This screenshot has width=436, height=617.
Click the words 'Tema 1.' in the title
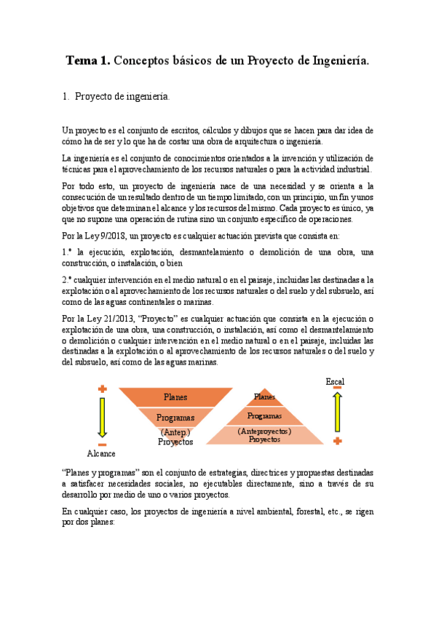[x=89, y=61]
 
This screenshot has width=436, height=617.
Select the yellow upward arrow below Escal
[x=337, y=413]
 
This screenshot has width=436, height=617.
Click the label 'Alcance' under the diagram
[x=101, y=453]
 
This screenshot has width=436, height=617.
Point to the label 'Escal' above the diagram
[x=335, y=381]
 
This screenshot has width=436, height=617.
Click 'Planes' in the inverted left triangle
[x=175, y=397]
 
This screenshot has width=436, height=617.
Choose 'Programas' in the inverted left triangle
[x=175, y=418]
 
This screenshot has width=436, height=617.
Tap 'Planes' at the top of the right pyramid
[x=264, y=397]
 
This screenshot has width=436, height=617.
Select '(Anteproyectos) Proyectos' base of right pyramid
[x=264, y=435]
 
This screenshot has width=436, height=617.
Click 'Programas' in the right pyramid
[x=264, y=415]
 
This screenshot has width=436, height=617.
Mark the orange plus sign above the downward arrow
[x=103, y=389]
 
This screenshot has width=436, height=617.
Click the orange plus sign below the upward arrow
[x=337, y=441]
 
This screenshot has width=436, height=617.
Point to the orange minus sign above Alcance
[x=102, y=444]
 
